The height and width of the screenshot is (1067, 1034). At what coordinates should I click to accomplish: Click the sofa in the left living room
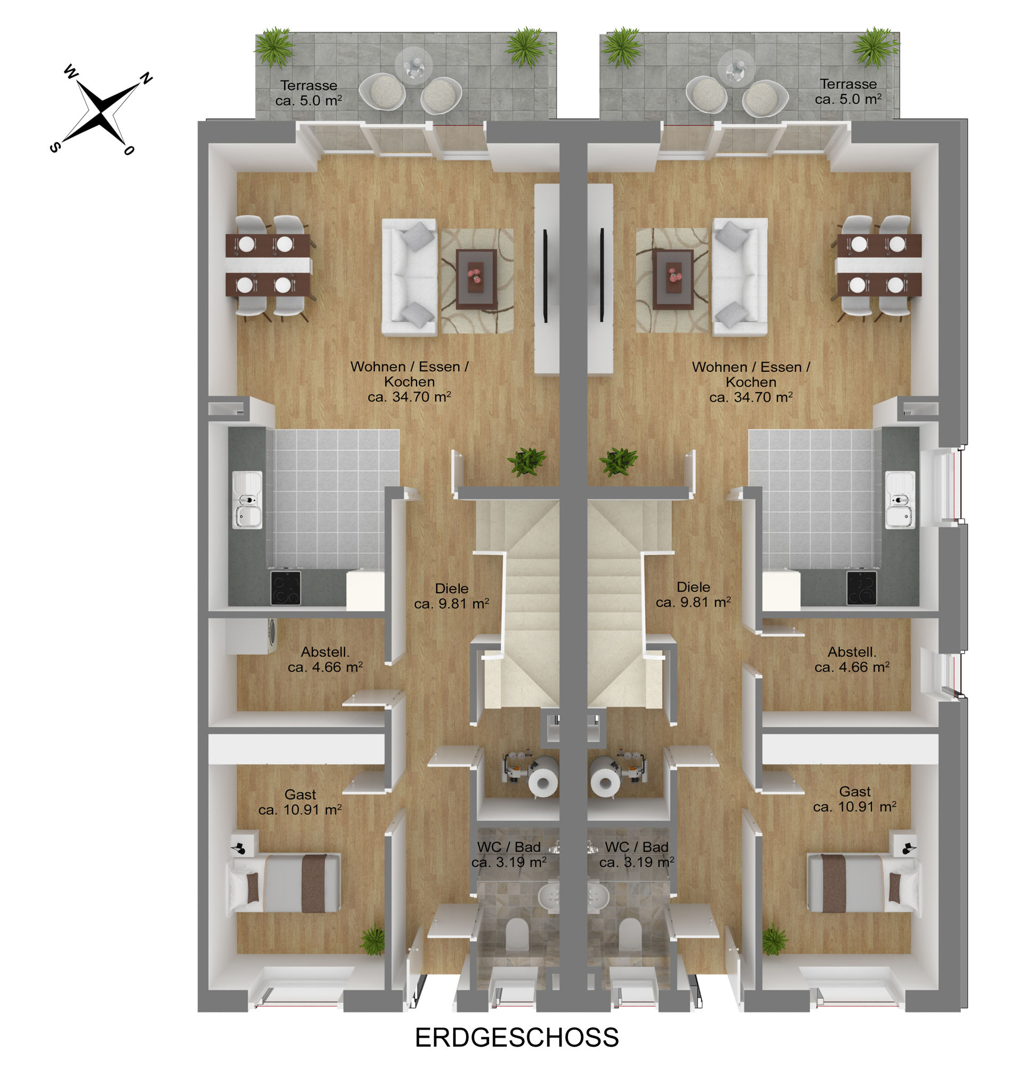click(409, 276)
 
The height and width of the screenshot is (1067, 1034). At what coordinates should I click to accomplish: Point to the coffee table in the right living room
click(672, 279)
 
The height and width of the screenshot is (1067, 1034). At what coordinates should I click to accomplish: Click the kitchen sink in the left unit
click(247, 499)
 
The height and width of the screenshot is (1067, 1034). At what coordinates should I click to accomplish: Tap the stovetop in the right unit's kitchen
click(861, 587)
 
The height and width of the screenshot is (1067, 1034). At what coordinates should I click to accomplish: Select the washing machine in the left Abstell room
click(251, 636)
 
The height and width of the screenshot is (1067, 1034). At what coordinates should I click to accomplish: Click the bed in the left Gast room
click(285, 883)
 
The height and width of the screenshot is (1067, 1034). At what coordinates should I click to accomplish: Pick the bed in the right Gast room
click(863, 883)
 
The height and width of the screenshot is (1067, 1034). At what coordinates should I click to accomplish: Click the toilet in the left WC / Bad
click(516, 934)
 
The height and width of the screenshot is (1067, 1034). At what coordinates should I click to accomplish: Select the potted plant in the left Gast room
click(373, 940)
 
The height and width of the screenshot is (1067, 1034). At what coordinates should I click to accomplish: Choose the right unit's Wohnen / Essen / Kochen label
click(750, 382)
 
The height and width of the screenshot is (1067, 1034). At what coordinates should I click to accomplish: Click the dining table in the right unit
click(879, 265)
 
